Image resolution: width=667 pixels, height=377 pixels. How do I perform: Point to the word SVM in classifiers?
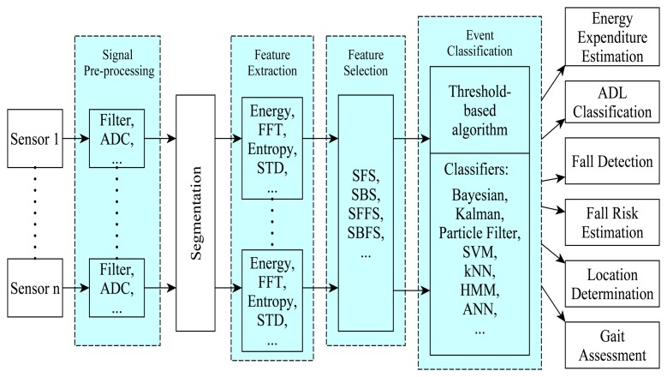[x=479, y=255]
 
